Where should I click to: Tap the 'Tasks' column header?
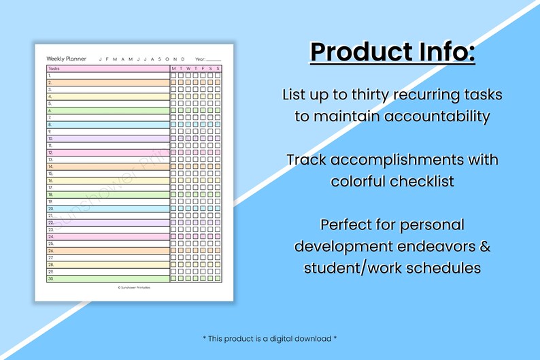click(x=54, y=69)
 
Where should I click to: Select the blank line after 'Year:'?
click(x=214, y=59)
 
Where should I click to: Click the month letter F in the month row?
click(x=107, y=59)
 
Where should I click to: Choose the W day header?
click(x=188, y=69)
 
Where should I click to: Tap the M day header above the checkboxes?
click(x=173, y=69)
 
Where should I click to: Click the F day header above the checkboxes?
click(x=203, y=69)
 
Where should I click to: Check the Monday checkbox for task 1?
click(x=173, y=76)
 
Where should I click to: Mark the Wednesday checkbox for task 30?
click(x=188, y=278)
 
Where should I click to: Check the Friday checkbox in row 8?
click(x=203, y=125)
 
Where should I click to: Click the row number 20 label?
click(x=50, y=209)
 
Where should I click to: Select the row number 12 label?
click(x=50, y=152)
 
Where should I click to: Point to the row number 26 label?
click(x=50, y=250)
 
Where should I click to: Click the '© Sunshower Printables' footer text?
click(x=134, y=287)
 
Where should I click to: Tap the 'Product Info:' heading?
click(x=392, y=52)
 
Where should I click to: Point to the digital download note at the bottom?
click(x=269, y=338)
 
